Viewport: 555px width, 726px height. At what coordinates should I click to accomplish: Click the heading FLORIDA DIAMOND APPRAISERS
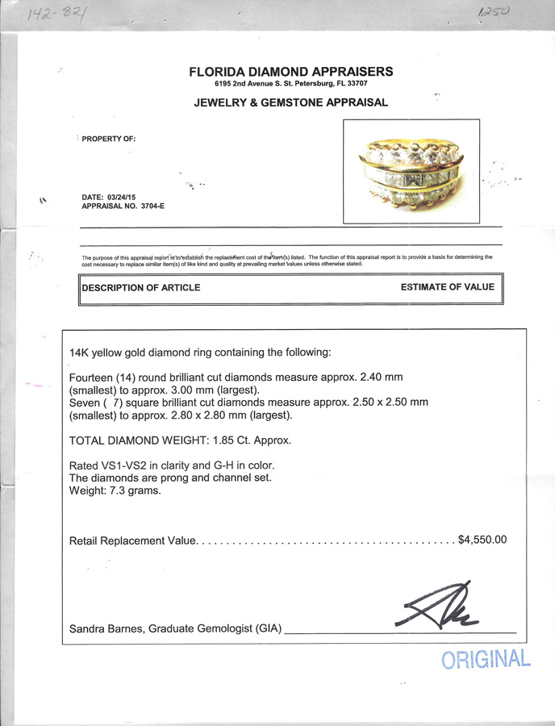[x=290, y=72]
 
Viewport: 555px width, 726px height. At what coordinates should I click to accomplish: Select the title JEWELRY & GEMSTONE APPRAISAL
[x=290, y=102]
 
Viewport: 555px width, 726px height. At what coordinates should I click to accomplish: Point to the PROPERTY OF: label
[x=109, y=139]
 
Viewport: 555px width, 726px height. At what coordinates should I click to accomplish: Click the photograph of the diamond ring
[x=411, y=172]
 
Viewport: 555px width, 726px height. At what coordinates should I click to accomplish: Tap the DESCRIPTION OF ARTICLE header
[x=141, y=287]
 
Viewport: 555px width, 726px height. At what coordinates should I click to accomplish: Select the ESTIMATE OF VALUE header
[x=447, y=286]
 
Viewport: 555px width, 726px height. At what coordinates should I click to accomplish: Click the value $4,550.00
[x=482, y=540]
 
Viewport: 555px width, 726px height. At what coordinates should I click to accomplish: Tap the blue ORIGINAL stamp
[x=486, y=660]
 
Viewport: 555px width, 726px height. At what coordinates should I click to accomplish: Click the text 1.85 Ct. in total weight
[x=230, y=440]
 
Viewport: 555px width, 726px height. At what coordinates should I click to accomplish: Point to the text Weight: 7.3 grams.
[x=115, y=490]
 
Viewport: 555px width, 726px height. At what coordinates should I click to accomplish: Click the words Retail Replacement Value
[x=133, y=540]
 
